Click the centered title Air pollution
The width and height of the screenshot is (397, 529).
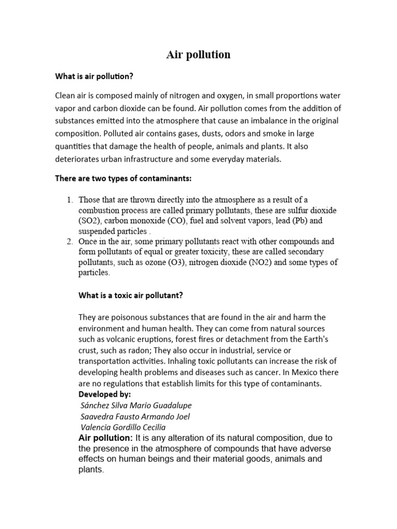coord(198,55)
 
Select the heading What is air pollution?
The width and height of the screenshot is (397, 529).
coord(94,76)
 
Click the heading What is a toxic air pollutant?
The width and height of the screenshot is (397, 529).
coord(131,295)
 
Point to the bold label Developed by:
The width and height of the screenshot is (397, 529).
coord(105,394)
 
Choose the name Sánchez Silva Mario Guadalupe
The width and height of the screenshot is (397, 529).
coord(137,405)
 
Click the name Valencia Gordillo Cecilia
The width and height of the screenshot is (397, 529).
coord(124,427)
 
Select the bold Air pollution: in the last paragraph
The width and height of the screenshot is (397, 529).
coord(106,438)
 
